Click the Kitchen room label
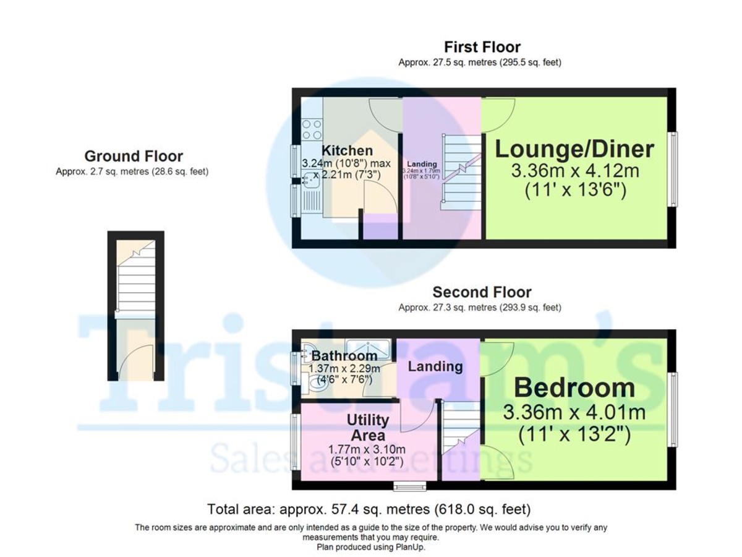coord(347,150)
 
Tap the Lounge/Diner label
coord(574,149)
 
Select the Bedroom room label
coord(574,388)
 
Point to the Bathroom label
coord(344,356)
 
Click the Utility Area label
coord(367,427)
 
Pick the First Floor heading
coord(482,47)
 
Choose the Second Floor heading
coord(482,292)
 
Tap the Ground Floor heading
coord(134,156)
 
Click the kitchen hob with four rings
coord(311,129)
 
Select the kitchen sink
coord(309,181)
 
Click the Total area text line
coord(369,509)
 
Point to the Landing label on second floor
coord(435,366)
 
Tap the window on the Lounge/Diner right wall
coord(673,168)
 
